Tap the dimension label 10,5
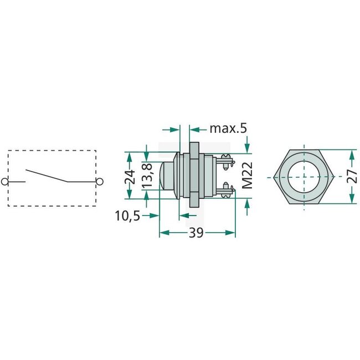pyautogui.click(x=128, y=215)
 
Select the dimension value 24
pyautogui.click(x=130, y=177)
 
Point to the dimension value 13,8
pyautogui.click(x=147, y=177)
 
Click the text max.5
pyautogui.click(x=228, y=128)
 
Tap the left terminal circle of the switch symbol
pyautogui.click(x=6, y=181)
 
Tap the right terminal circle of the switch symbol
pyautogui.click(x=99, y=181)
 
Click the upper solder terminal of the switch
pyautogui.click(x=226, y=162)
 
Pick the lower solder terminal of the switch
pyautogui.click(x=226, y=191)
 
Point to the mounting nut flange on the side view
pyautogui.click(x=194, y=176)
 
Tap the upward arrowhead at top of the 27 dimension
pyautogui.click(x=352, y=154)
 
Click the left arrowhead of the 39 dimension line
pyautogui.click(x=163, y=234)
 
